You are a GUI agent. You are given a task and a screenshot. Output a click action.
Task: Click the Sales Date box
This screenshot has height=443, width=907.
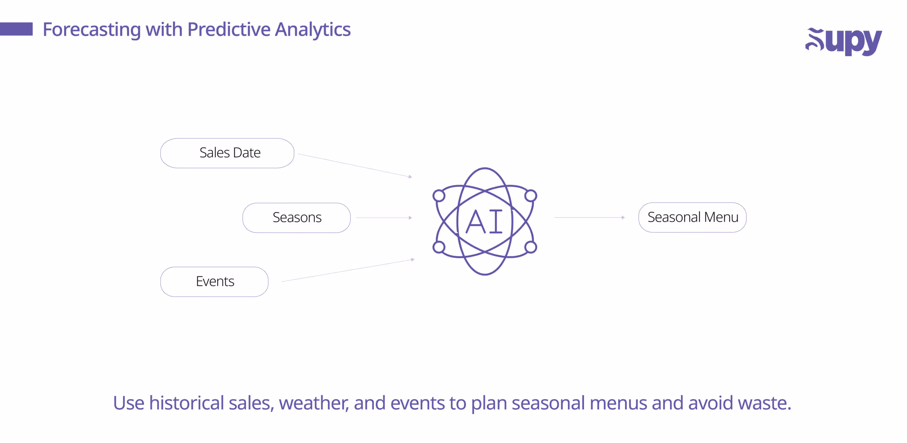[227, 153]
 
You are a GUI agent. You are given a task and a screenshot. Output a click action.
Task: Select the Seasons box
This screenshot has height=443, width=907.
[297, 217]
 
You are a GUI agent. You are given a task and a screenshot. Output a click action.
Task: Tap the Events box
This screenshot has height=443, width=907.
[214, 282]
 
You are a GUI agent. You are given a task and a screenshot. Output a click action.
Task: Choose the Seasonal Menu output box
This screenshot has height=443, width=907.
[692, 217]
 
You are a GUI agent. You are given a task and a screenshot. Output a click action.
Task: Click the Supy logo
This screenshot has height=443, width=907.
[843, 41]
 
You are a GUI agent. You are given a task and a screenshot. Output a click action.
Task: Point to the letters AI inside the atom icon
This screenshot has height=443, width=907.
[484, 222]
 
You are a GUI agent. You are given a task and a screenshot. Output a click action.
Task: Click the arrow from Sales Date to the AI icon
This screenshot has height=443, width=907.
[354, 165]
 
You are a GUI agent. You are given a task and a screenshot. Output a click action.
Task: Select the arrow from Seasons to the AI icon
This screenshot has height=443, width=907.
[384, 217]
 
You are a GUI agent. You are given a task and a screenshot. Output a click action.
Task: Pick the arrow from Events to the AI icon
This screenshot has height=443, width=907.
[348, 270]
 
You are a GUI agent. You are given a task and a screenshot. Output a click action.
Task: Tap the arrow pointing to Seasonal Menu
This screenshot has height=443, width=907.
[589, 217]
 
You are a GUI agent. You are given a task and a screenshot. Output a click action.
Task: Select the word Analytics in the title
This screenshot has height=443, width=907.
[313, 30]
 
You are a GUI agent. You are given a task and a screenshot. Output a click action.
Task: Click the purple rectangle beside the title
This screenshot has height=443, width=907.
[16, 29]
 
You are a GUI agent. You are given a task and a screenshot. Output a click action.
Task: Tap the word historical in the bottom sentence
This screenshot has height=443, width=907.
[186, 403]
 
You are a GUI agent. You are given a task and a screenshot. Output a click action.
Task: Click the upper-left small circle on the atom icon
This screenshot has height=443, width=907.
[439, 195]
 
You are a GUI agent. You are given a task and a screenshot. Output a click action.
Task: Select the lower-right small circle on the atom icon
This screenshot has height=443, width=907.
[530, 247]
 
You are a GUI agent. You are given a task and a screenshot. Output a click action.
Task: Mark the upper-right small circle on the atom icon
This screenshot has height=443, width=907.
[530, 195]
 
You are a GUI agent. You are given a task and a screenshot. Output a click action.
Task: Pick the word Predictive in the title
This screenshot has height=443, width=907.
[229, 30]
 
